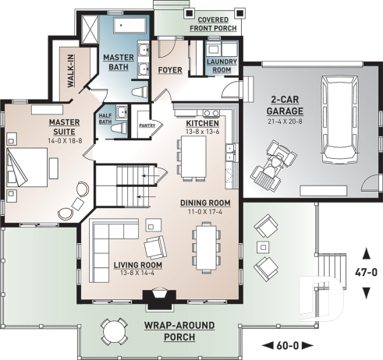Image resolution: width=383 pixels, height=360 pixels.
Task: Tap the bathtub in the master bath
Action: (129, 30)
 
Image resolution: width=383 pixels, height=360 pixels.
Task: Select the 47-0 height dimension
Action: (367, 274)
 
